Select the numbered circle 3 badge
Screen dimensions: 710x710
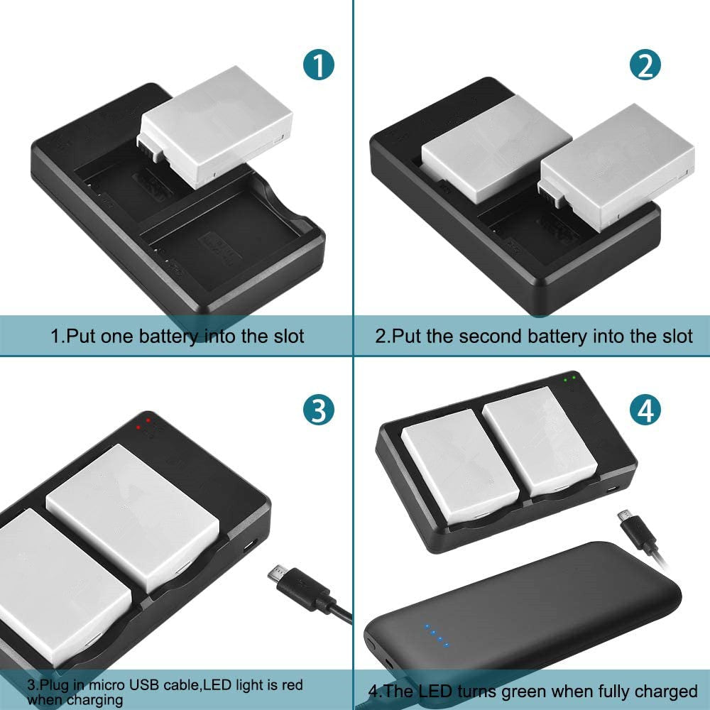click(319, 410)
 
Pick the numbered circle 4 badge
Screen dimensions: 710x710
click(645, 410)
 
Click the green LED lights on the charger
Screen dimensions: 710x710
click(569, 378)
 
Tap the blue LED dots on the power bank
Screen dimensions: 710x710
click(435, 635)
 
